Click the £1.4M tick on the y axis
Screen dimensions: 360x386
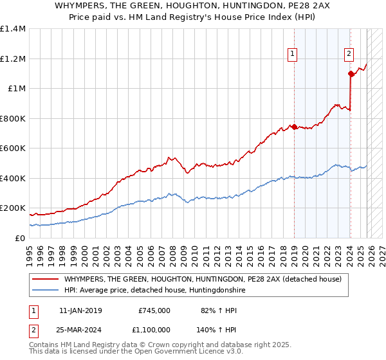12,29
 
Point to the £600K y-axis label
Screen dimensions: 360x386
12,148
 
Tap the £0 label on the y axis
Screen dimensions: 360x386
19,238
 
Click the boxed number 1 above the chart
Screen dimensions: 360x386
293,55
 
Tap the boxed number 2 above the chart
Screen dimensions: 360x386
349,55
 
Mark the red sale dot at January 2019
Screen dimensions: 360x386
294,127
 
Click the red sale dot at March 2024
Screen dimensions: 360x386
351,74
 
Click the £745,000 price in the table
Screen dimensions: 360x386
154,310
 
